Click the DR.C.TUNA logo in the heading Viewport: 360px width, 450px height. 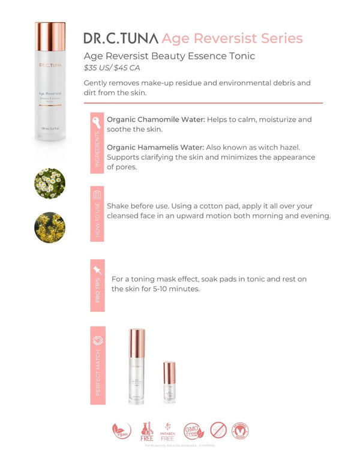[x=121, y=38]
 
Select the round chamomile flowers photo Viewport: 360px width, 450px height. [x=50, y=184]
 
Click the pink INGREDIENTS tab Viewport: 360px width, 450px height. [x=97, y=143]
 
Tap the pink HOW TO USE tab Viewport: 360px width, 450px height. [x=97, y=214]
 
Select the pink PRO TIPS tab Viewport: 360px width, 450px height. [x=97, y=281]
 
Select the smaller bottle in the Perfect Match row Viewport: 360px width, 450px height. [x=170, y=382]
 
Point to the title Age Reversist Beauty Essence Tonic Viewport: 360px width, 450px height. [x=169, y=56]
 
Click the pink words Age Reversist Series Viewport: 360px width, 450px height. [x=232, y=38]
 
